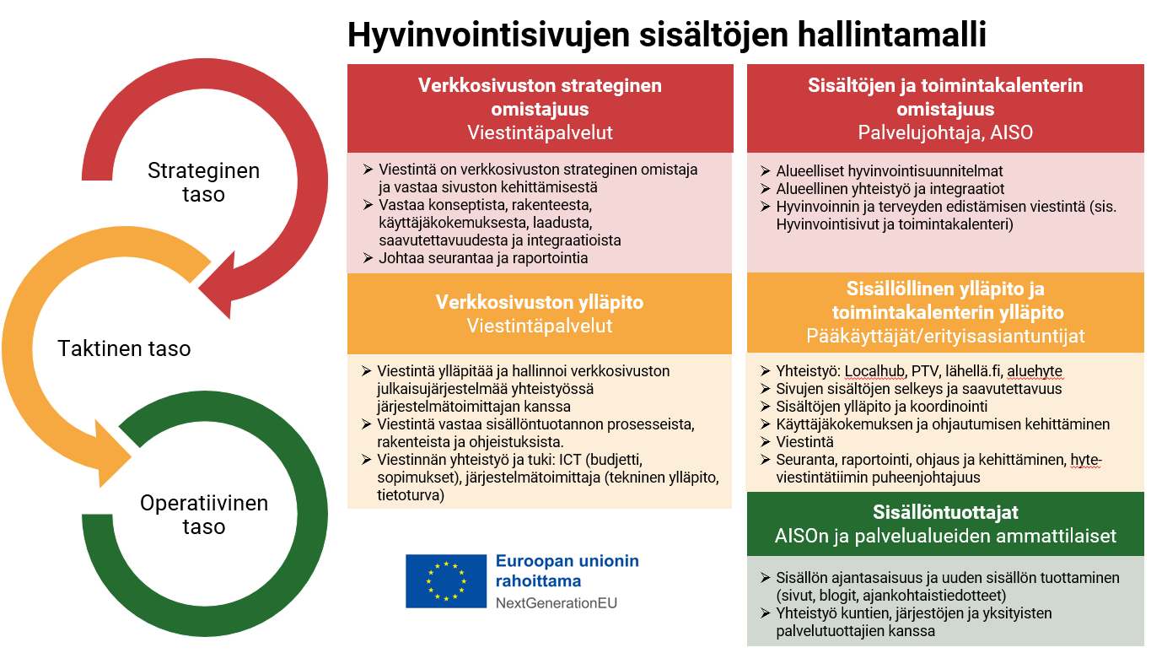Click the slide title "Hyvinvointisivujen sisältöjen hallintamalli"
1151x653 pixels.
click(x=667, y=36)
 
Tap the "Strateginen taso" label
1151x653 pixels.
click(x=203, y=182)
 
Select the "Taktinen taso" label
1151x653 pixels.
click(x=124, y=348)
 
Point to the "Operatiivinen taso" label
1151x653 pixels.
click(x=203, y=515)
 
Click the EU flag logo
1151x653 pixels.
click(x=445, y=580)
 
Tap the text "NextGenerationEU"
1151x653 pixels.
click(x=556, y=603)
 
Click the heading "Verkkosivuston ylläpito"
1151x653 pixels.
click(x=540, y=302)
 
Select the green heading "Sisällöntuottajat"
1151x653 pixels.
click(x=945, y=512)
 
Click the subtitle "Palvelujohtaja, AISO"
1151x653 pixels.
click(x=945, y=132)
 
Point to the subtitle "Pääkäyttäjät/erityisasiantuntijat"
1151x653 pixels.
click(x=945, y=336)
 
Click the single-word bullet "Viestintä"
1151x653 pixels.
click(x=805, y=442)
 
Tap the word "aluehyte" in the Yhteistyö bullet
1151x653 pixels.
click(x=1035, y=371)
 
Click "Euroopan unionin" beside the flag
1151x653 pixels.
click(x=567, y=561)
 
